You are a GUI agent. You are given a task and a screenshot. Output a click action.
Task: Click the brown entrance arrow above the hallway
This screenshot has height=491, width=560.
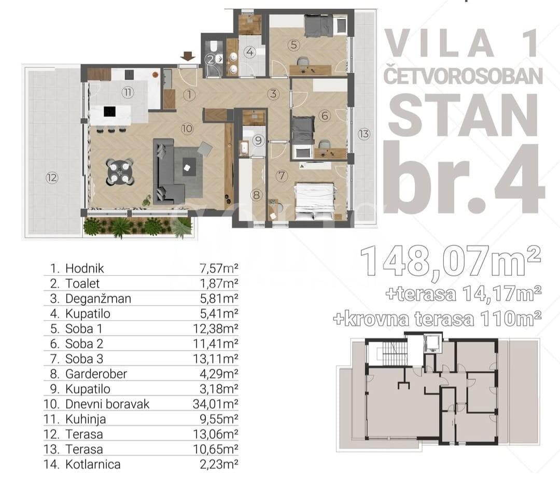click(188, 56)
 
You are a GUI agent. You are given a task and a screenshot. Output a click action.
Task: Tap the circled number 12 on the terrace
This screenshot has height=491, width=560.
click(52, 177)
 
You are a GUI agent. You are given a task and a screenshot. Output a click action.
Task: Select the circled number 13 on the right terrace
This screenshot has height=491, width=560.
click(363, 134)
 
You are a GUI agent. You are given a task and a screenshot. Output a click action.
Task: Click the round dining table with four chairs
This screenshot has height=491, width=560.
click(120, 172)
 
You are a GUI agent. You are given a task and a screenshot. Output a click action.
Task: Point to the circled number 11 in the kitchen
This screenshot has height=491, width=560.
click(128, 93)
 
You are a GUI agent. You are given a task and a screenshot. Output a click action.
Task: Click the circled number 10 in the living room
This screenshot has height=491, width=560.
click(187, 129)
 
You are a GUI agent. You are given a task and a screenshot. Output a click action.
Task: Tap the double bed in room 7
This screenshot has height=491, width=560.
click(315, 202)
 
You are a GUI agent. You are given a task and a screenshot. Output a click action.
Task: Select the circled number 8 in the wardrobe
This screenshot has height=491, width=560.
click(257, 195)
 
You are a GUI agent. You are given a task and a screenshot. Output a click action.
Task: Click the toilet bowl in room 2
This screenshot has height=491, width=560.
click(214, 47)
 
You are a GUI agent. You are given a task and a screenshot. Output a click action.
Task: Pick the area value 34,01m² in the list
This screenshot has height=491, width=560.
click(215, 404)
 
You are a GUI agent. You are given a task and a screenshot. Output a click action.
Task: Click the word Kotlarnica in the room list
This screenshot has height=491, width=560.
click(93, 465)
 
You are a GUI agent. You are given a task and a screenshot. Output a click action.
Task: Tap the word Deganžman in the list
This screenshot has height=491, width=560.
click(98, 299)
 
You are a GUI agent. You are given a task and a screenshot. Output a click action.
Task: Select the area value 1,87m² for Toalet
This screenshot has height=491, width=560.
click(219, 284)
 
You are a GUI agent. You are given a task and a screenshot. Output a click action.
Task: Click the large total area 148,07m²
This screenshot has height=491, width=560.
click(451, 260)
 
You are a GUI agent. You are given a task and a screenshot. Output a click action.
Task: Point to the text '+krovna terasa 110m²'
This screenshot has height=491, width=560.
click(437, 318)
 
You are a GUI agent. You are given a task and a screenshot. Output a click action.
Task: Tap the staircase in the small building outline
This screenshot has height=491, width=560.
click(393, 354)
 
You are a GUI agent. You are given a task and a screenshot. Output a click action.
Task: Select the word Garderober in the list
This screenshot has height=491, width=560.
click(96, 374)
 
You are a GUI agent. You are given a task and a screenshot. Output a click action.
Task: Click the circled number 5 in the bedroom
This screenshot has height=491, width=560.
click(294, 45)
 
